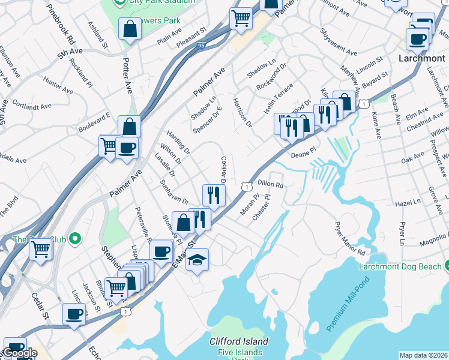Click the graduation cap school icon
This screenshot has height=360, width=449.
(x=197, y=260)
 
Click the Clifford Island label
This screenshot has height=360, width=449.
(x=238, y=341)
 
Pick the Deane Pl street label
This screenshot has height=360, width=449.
(x=303, y=153)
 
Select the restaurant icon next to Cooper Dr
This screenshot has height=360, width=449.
(x=214, y=194)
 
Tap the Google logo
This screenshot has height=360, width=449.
(x=20, y=353)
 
